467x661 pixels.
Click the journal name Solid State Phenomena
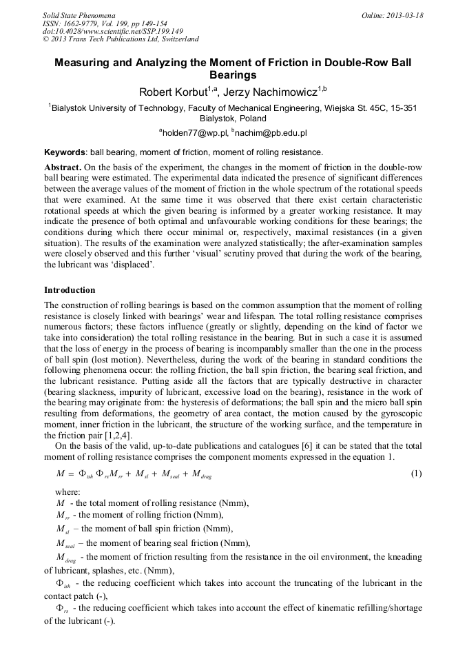click(x=79, y=14)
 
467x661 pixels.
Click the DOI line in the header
click(x=112, y=31)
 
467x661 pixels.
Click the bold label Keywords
click(x=64, y=152)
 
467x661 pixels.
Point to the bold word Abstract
click(x=63, y=168)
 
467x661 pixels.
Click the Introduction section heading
click(x=70, y=290)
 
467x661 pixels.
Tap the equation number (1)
click(x=416, y=474)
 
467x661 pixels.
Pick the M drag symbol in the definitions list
click(x=67, y=557)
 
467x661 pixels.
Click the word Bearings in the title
click(x=233, y=74)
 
